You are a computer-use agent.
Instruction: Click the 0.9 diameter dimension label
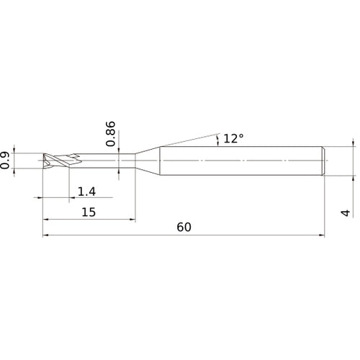tap(5, 161)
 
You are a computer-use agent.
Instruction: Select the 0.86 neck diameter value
tap(111, 134)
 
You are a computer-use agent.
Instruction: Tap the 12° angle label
tap(233, 138)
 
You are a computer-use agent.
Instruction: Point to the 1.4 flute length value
tap(86, 192)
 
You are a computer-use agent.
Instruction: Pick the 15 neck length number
tap(89, 212)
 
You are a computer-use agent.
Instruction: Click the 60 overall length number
tap(184, 227)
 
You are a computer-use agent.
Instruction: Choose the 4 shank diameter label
tap(346, 213)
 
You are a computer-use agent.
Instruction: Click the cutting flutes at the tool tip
tap(62, 161)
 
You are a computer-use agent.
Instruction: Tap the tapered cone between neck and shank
tap(148, 161)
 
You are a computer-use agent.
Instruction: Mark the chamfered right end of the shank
tap(323, 161)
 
